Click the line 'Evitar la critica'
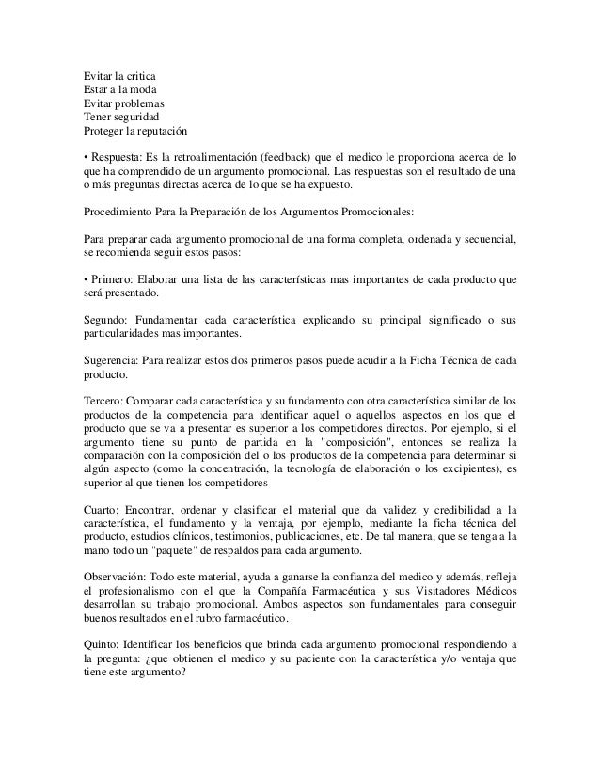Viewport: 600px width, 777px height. [120, 74]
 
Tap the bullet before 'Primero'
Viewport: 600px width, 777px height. [86, 280]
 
